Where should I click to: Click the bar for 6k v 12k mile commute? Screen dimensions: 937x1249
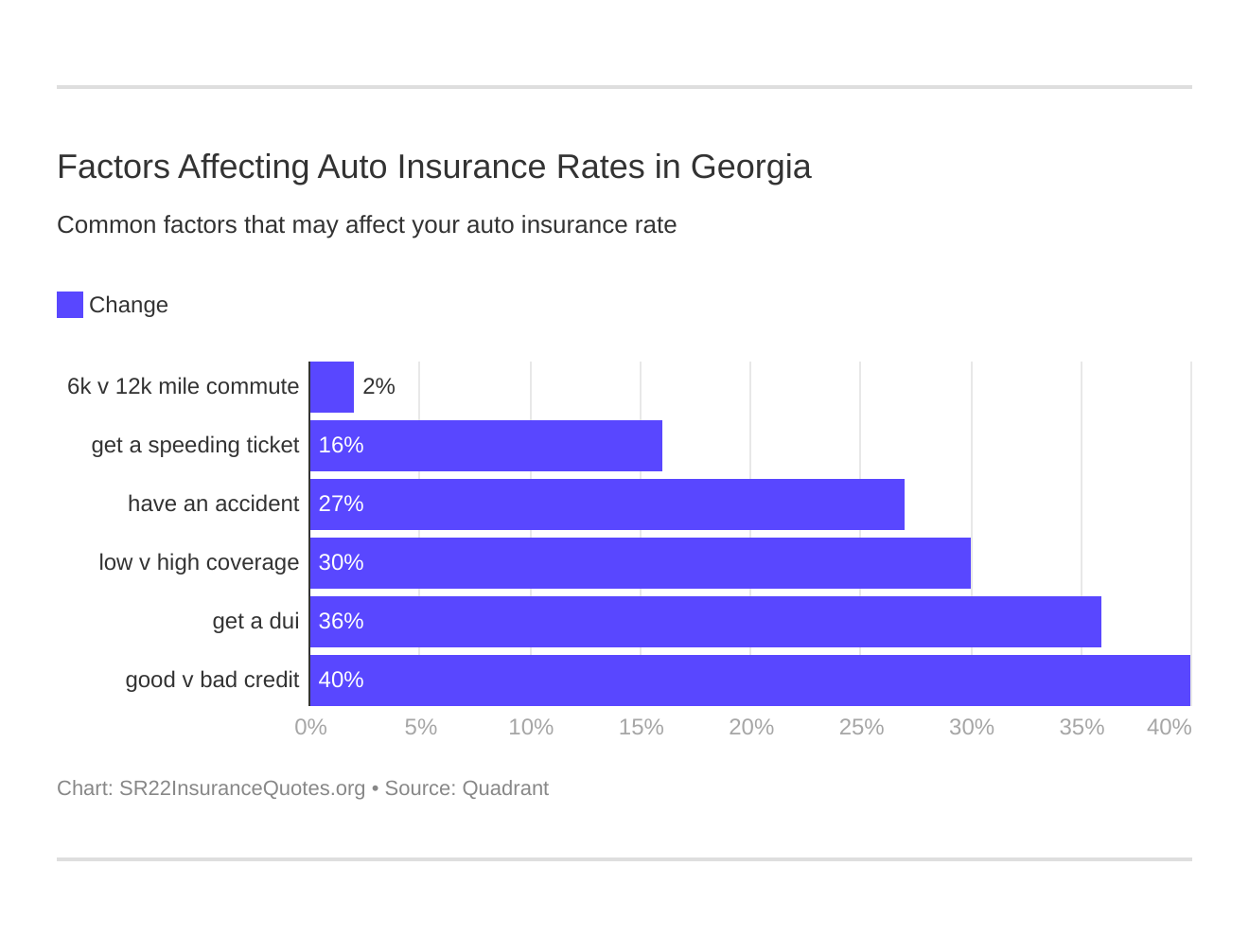[x=332, y=387]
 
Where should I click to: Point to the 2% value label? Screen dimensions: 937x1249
[x=378, y=387]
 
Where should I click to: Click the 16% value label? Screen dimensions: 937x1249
[x=342, y=446]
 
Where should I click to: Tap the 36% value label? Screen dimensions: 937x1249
[x=342, y=622]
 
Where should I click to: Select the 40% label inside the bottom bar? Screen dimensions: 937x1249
[x=342, y=681]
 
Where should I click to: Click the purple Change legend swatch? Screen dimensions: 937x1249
[x=70, y=305]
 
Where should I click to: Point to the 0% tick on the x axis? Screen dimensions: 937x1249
[x=310, y=727]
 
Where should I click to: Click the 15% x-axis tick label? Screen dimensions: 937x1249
[x=641, y=727]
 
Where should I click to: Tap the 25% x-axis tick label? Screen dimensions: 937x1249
[x=861, y=727]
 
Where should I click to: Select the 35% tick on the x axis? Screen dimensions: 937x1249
[x=1082, y=727]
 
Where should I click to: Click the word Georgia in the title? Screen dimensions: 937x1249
[x=750, y=168]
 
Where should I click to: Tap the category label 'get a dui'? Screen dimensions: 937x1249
[x=255, y=622]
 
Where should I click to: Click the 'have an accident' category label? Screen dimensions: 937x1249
[x=213, y=504]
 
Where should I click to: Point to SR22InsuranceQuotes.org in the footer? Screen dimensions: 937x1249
[x=242, y=788]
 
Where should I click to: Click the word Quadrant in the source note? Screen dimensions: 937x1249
[x=505, y=788]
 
